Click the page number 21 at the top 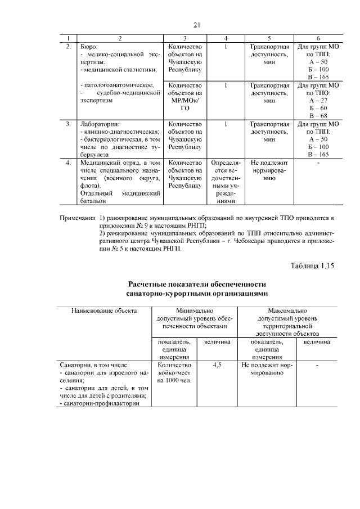[x=196, y=25]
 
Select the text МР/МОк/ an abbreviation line [x=184, y=100]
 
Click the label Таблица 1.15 [x=312, y=266]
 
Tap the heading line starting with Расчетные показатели [x=196, y=284]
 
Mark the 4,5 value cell [x=217, y=365]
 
